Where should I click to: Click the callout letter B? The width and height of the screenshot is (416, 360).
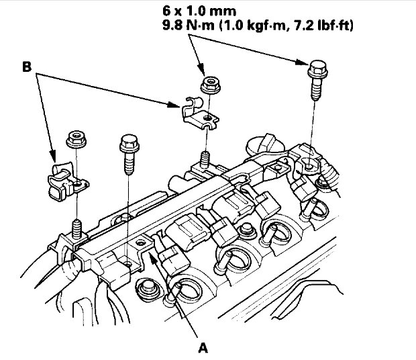(x=28, y=67)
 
